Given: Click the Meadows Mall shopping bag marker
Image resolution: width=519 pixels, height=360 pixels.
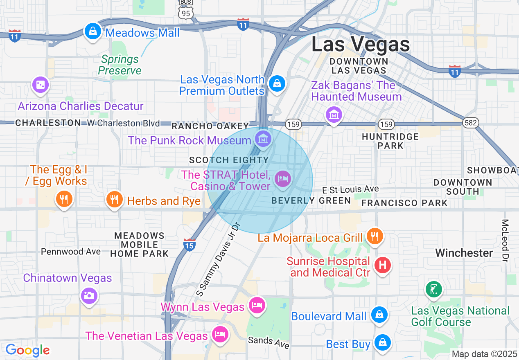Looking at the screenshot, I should [93, 31].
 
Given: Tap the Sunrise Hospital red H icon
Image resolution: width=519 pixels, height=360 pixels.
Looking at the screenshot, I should [382, 265].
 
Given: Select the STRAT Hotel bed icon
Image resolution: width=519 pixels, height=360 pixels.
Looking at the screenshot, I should [282, 179].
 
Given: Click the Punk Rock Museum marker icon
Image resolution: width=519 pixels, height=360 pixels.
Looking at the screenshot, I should [263, 139].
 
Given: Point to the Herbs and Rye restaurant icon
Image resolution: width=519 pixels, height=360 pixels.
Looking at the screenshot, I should [114, 200].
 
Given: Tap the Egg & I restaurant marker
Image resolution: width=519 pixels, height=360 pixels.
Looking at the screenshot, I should [63, 199].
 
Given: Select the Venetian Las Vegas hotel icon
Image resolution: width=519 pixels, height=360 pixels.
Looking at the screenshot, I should [220, 334].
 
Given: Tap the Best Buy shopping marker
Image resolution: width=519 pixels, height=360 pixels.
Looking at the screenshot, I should [382, 343].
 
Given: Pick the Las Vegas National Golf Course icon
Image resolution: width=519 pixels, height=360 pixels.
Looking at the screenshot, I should [433, 290].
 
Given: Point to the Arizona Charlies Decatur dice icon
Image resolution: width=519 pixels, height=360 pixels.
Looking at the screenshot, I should [41, 85].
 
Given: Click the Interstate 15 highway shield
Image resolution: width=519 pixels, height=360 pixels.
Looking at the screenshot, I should [190, 245].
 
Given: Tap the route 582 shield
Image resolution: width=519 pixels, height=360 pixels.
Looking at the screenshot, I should [471, 123].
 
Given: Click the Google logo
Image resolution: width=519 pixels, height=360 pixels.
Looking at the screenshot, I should [27, 350].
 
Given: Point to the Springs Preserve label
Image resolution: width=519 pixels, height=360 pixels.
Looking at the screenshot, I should [120, 65].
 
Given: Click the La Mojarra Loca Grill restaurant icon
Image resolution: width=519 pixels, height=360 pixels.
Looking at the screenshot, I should [374, 236].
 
